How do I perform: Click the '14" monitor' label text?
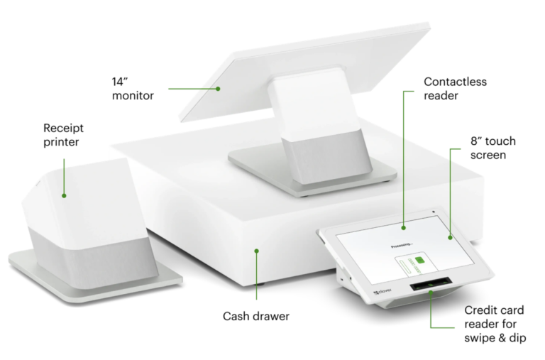133,87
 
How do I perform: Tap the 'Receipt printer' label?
63,135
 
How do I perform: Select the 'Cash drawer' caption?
256,316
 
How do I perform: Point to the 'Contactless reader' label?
455,88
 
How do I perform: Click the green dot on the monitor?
219,89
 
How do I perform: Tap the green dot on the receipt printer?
63,195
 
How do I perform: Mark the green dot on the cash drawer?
257,249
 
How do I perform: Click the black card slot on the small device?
430,288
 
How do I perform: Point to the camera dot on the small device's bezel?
431,212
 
